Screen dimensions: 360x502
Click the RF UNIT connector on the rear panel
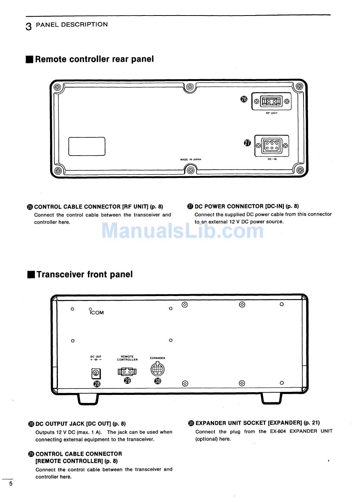(271, 101)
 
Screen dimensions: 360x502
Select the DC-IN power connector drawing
(272, 146)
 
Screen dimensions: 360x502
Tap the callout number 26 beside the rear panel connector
(244, 99)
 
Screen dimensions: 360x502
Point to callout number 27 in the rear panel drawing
(247, 143)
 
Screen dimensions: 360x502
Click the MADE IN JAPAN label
(191, 160)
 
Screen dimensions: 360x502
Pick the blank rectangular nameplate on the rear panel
(87, 147)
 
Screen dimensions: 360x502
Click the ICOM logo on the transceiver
(96, 312)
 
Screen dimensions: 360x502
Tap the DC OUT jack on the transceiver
(96, 374)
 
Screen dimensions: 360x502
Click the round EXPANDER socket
(158, 369)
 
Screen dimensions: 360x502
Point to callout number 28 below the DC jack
(97, 384)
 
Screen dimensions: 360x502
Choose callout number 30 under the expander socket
(158, 381)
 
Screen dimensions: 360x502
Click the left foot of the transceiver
(88, 399)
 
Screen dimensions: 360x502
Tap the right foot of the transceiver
(272, 399)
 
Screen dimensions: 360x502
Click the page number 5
(11, 483)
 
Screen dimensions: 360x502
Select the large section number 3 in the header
(29, 27)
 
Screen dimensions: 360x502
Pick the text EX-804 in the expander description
(278, 431)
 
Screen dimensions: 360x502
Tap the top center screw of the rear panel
(190, 87)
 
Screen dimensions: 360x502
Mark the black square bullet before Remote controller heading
(30, 59)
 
